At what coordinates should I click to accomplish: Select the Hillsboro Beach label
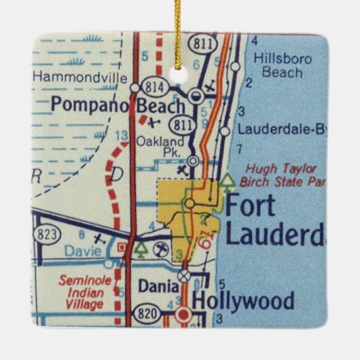coord(280,65)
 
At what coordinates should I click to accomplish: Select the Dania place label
coord(154,287)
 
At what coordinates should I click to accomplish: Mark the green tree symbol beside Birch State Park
coord(227,180)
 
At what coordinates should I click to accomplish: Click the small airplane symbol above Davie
coord(101,239)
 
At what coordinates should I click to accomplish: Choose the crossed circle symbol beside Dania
coord(183,276)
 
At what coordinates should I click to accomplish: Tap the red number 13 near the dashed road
coord(122,138)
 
